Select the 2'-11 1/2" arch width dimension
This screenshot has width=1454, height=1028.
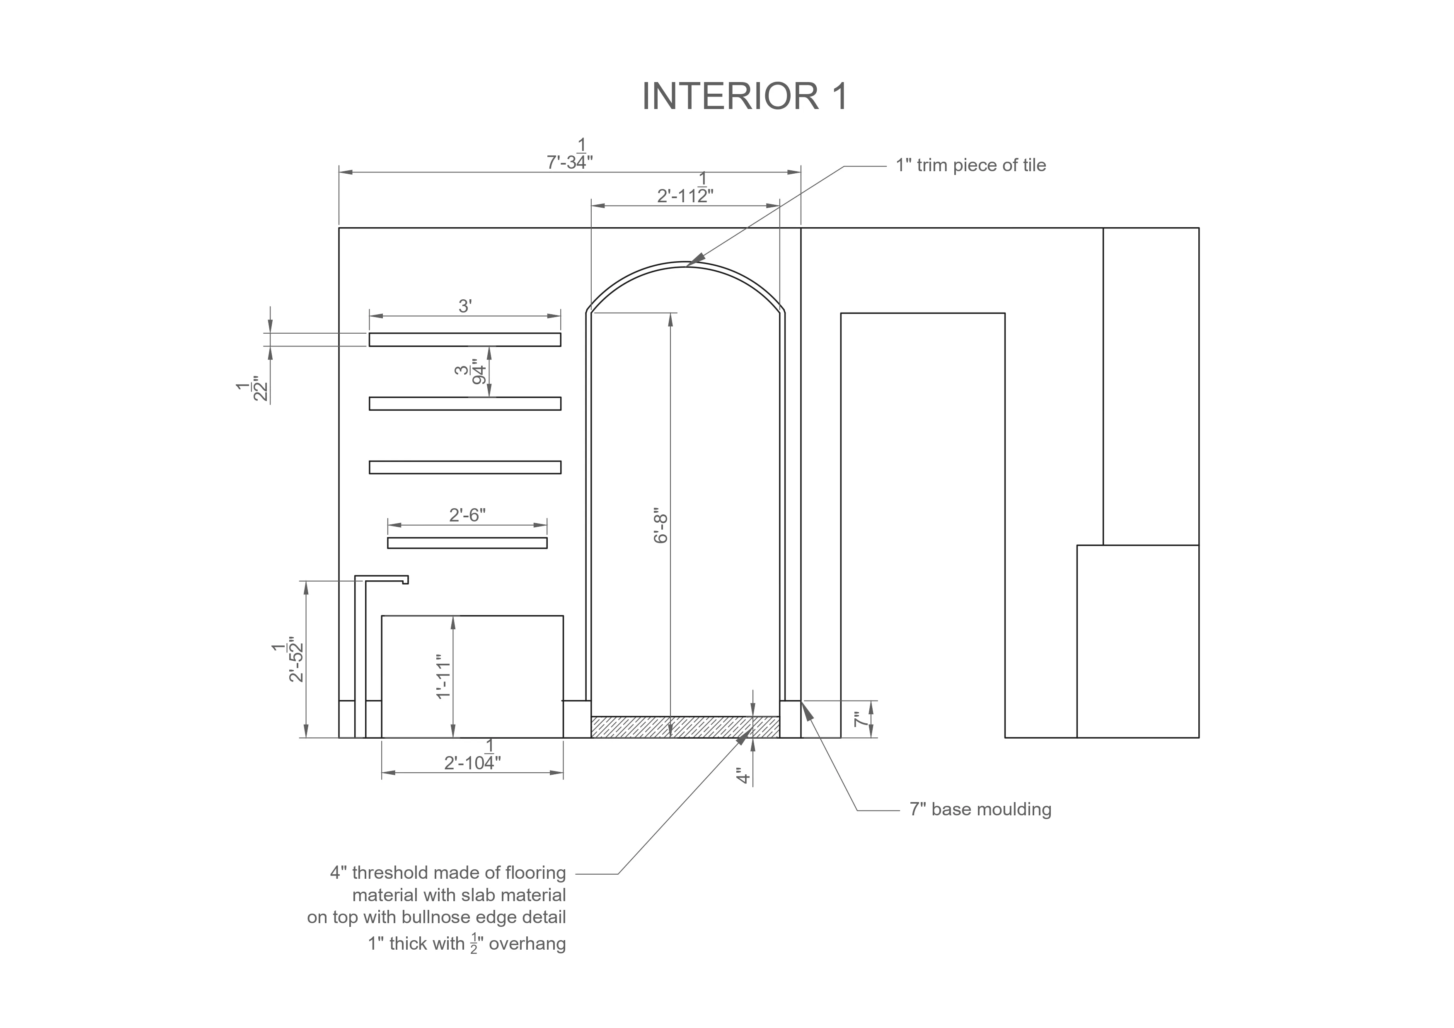click(685, 189)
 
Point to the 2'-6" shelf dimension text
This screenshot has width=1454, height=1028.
click(467, 515)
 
